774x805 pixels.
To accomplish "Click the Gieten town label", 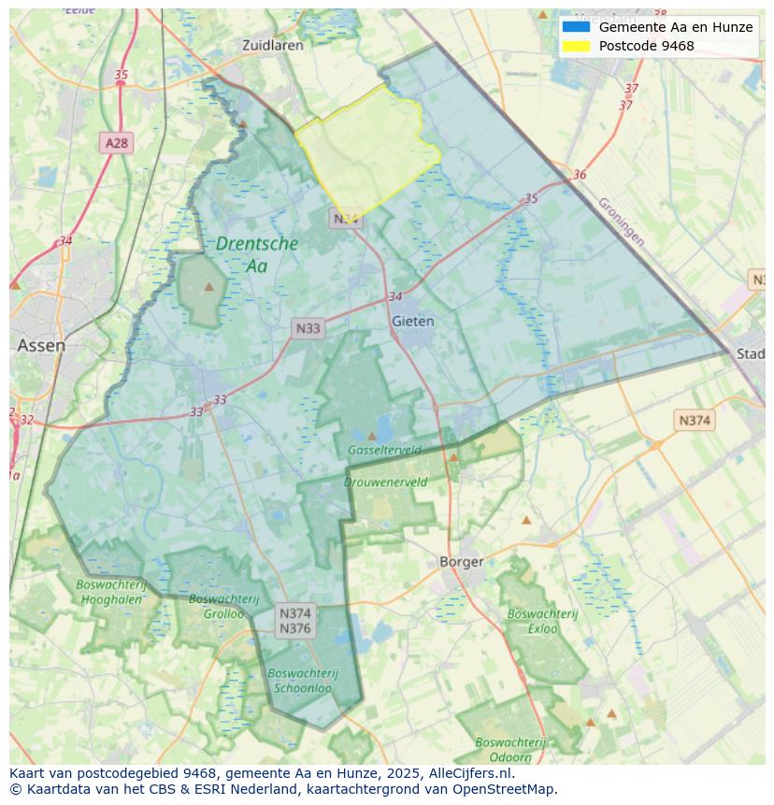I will (x=412, y=321).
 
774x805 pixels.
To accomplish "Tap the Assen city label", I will (x=41, y=345).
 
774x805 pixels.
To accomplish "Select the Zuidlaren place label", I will (x=272, y=45).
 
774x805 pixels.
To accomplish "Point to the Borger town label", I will (x=462, y=562).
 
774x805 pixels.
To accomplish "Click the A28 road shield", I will (x=116, y=143).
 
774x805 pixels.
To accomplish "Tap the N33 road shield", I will (x=308, y=328).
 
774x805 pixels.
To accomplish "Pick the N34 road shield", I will (x=345, y=219).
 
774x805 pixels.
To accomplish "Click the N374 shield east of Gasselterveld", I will (x=694, y=421).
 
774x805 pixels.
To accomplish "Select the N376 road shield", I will (x=295, y=628).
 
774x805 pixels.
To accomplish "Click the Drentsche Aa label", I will (x=257, y=254).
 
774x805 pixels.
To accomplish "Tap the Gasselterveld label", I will (x=384, y=450).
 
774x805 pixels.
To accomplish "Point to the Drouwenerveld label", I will (x=385, y=482).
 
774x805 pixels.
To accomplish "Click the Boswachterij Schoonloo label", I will (x=302, y=680).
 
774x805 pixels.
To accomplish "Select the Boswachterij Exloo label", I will (x=543, y=621).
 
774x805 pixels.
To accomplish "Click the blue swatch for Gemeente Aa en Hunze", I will (x=576, y=27).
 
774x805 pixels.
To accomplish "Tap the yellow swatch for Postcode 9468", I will (x=576, y=46).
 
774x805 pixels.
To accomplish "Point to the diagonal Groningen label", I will (x=621, y=222).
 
